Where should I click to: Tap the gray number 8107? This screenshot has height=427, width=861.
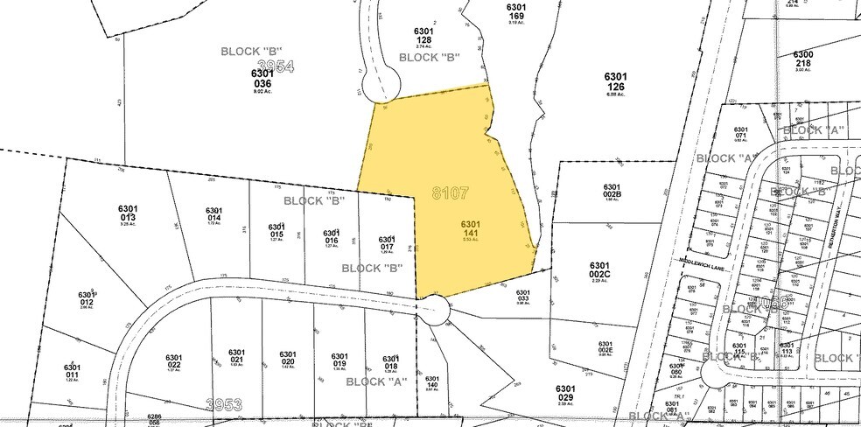[x=451, y=192]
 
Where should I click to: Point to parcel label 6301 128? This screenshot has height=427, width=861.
[x=424, y=36]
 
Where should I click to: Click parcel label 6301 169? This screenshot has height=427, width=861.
[x=516, y=11]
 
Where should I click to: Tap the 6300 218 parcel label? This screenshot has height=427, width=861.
[x=803, y=59]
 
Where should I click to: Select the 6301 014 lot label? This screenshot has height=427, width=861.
[x=215, y=214]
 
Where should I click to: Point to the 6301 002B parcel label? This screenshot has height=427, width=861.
[x=612, y=191]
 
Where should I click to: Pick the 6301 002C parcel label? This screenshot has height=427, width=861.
[x=599, y=269]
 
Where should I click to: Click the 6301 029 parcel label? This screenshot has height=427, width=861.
[x=565, y=394]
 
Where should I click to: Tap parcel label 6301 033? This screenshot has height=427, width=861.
[x=523, y=297]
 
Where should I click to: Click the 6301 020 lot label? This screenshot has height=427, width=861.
[x=288, y=358]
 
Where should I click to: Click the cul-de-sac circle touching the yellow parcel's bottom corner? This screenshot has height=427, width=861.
[x=434, y=308]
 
